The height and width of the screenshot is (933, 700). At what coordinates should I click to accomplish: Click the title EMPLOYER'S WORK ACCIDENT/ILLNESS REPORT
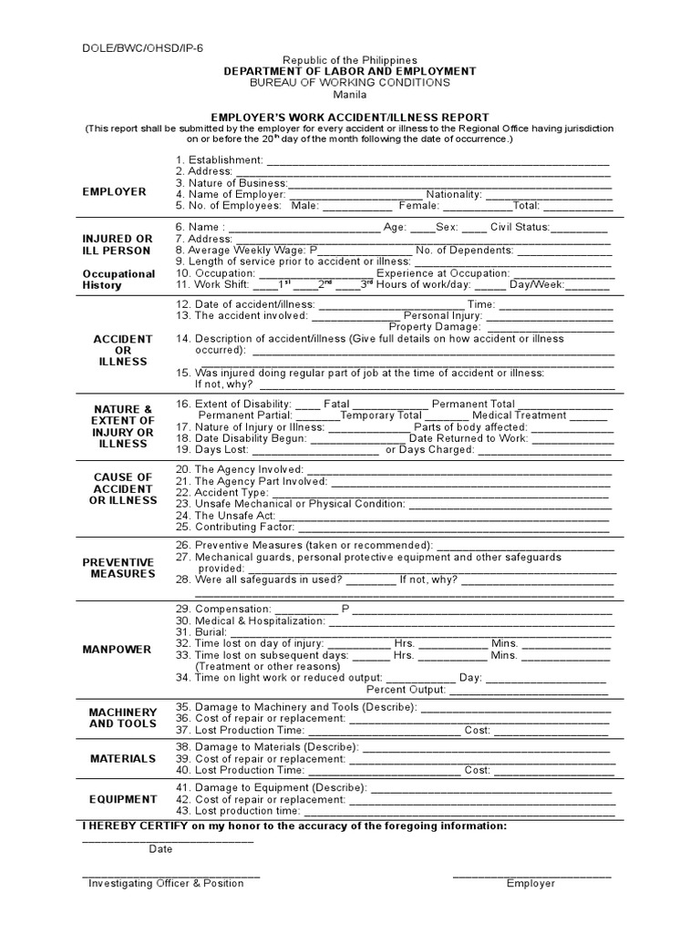(350, 118)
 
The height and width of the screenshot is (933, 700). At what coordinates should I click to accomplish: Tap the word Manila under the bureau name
(350, 94)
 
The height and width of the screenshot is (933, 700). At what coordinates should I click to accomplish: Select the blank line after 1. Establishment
(437, 161)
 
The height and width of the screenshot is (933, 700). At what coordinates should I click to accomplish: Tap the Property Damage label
(434, 326)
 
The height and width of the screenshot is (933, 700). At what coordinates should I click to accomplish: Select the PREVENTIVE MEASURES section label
(118, 568)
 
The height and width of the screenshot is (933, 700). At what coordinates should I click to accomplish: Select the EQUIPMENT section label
(123, 799)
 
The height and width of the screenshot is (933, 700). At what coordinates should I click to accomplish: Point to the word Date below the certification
(160, 849)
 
